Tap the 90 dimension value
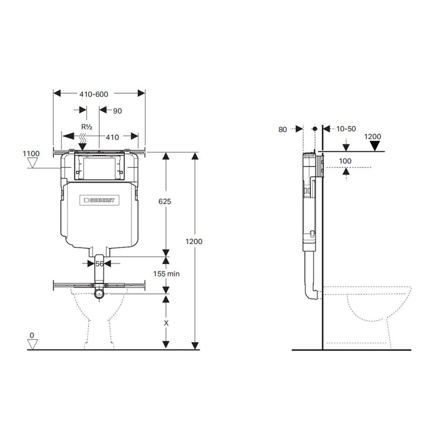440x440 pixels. tap(117, 110)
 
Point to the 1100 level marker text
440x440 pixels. tap(31, 154)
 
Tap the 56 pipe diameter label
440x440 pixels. tap(99, 264)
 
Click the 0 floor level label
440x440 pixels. tap(32, 336)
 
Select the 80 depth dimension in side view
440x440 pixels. tap(283, 129)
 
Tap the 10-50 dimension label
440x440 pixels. tap(347, 129)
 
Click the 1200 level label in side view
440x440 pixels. tap(373, 137)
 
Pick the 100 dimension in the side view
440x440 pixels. tap(346, 160)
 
